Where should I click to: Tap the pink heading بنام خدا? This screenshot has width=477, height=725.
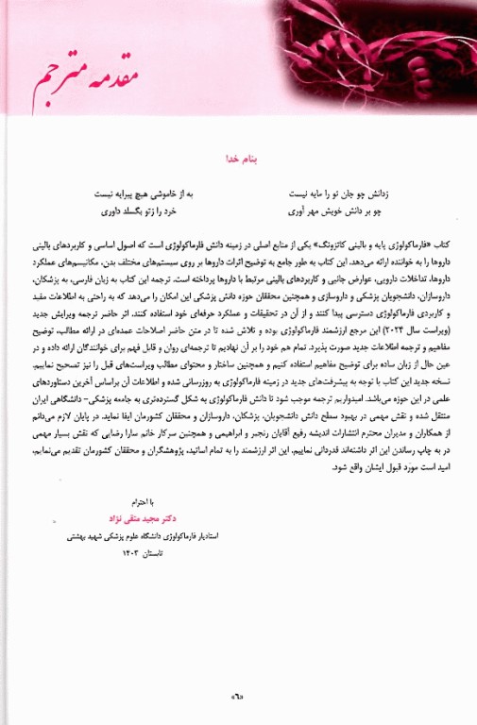pos(239,160)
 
